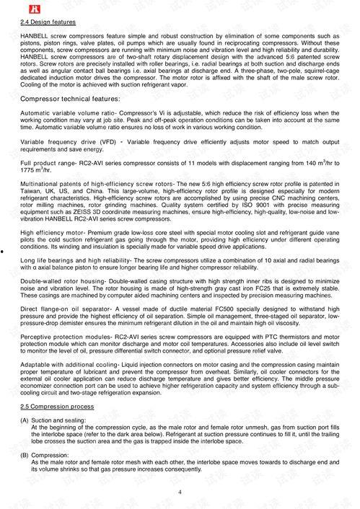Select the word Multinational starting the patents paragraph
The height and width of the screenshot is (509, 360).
coord(42,185)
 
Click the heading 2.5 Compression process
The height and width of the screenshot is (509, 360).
coord(56,406)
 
